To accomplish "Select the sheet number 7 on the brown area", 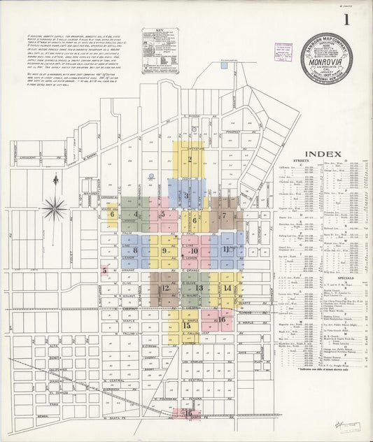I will pyautogui.click(x=224, y=215).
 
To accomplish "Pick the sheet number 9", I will pyautogui.click(x=164, y=250).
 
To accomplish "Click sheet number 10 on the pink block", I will pyautogui.click(x=195, y=250).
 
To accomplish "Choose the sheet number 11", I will pyautogui.click(x=226, y=249).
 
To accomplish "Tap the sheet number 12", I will pyautogui.click(x=165, y=287).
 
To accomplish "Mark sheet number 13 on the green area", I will pyautogui.click(x=199, y=287).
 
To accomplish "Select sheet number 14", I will pyautogui.click(x=228, y=287).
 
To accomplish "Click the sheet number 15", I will pyautogui.click(x=186, y=325).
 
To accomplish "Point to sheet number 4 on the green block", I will pyautogui.click(x=136, y=215).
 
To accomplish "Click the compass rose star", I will pyautogui.click(x=55, y=208).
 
